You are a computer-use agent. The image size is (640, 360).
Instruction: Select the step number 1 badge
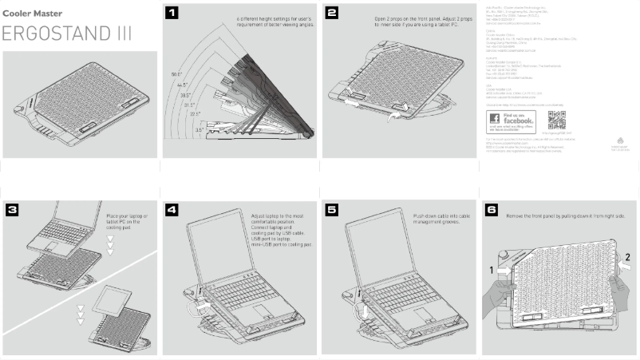[171, 12]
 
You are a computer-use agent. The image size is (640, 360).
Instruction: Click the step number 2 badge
[332, 12]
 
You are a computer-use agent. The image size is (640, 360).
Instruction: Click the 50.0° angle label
[177, 74]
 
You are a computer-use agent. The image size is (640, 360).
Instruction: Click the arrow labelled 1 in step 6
[500, 271]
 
